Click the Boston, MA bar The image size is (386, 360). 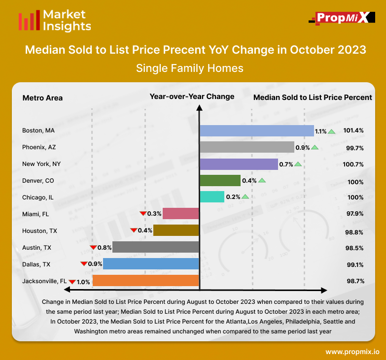[x=256, y=131]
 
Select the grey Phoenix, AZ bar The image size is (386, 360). [x=246, y=147]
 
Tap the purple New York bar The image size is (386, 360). [x=239, y=164]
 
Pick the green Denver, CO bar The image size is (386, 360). [x=220, y=181]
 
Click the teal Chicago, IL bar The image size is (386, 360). [x=211, y=197]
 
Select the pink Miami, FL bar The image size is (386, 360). [x=181, y=214]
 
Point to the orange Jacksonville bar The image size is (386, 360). [x=145, y=281]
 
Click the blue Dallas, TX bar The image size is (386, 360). [x=151, y=264]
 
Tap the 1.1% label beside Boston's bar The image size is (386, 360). [x=321, y=131]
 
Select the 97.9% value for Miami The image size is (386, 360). [x=355, y=214]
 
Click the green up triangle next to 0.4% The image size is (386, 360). [x=262, y=181]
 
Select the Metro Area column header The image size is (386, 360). [x=42, y=98]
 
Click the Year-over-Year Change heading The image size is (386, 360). [x=192, y=97]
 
